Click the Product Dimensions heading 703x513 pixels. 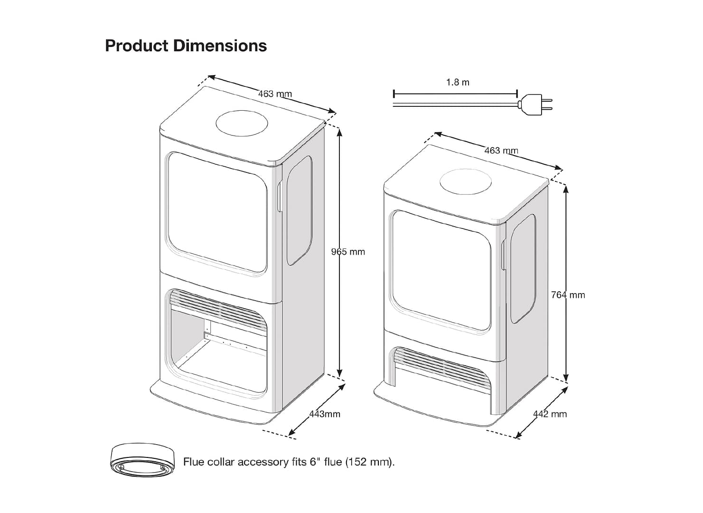coord(186,46)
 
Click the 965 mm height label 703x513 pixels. coord(348,252)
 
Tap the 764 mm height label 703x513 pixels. coord(568,295)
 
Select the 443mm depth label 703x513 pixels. coord(325,414)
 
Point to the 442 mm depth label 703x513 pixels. coord(550,414)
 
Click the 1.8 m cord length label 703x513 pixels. coord(458,82)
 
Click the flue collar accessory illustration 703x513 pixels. coord(142,459)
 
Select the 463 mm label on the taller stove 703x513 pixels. coord(275,94)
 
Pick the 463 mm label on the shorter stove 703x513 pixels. coord(501,151)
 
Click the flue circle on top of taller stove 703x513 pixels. coord(242,123)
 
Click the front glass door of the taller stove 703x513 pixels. coord(216,213)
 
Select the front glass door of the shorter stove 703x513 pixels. coord(440,271)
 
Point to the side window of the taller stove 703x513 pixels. coord(300,209)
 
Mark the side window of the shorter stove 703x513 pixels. coord(523,268)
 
